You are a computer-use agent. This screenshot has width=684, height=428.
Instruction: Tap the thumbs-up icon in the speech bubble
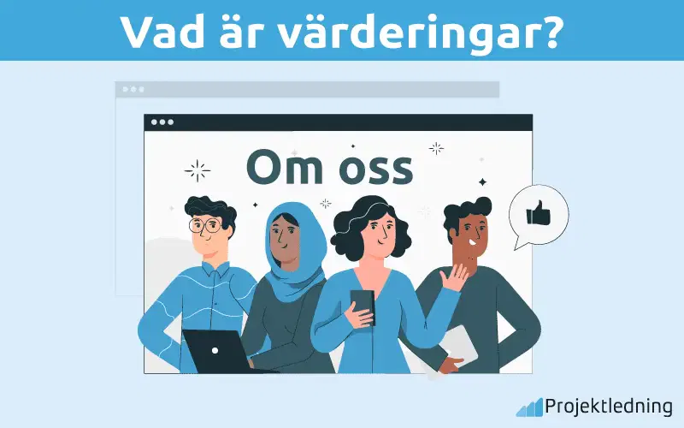[538, 213]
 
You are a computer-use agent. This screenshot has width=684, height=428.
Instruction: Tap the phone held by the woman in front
[362, 305]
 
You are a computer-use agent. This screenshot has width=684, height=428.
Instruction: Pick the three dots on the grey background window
[133, 89]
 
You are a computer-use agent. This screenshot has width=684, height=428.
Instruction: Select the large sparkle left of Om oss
[198, 170]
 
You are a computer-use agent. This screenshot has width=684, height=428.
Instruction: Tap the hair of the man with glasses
[209, 208]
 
